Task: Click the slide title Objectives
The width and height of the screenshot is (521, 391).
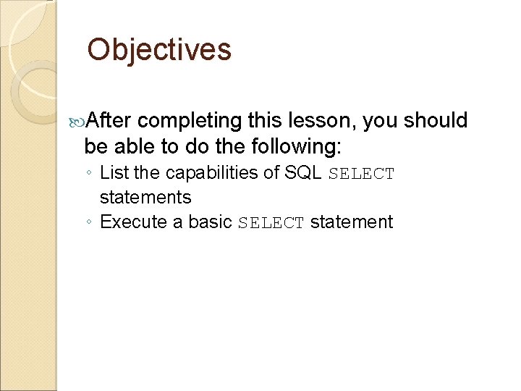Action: point(159,51)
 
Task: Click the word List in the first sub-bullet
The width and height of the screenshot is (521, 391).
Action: point(112,173)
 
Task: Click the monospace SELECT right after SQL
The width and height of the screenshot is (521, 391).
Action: point(362,174)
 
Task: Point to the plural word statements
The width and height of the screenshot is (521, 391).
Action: point(145,197)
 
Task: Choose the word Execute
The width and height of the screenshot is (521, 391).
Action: point(132,222)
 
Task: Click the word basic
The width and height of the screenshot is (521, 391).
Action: point(211,222)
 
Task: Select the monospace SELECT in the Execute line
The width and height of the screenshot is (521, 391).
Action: point(271,222)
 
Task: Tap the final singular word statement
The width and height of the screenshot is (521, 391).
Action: point(352,222)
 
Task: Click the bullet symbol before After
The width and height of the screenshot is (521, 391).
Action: point(78,121)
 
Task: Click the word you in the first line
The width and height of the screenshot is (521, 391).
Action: point(380,121)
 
